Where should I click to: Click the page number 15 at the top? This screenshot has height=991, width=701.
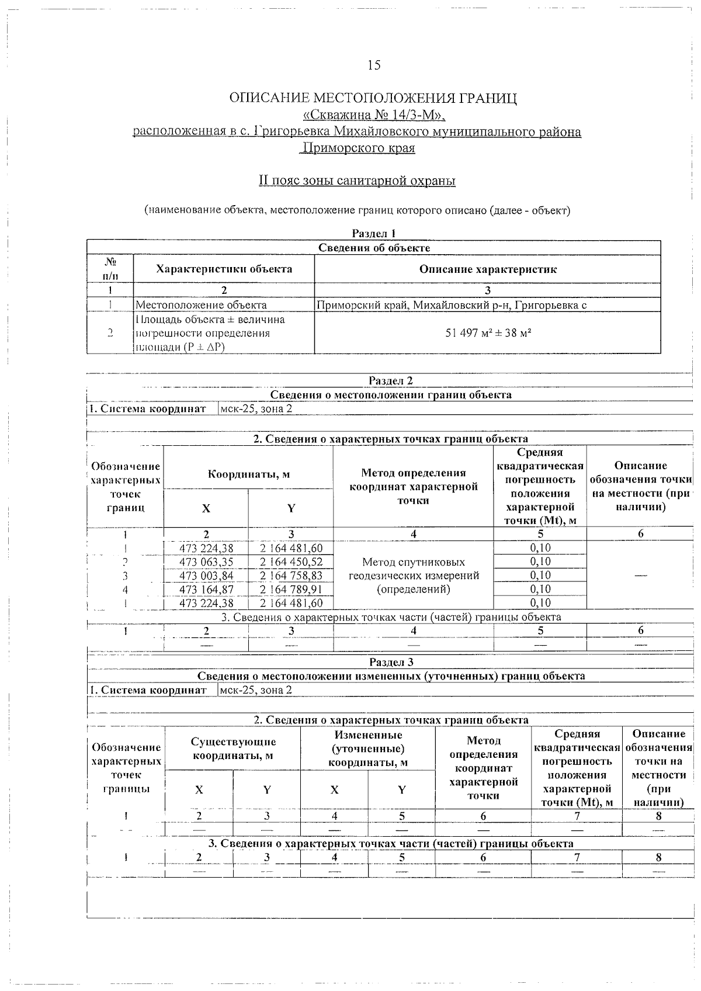374,65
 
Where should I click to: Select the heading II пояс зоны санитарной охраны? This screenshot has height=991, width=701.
357,181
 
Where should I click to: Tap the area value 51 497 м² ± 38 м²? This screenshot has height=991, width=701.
487,333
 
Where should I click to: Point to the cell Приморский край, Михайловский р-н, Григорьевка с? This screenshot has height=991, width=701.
451,304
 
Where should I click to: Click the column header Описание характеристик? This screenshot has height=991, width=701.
487,269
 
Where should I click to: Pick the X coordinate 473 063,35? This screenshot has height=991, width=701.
206,562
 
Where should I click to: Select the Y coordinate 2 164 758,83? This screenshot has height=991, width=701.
291,576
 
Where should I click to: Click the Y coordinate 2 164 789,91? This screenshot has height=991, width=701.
291,589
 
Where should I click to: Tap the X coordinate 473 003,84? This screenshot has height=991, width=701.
206,576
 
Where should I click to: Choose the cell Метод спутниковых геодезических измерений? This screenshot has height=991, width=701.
413,575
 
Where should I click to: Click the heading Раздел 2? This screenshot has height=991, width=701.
391,380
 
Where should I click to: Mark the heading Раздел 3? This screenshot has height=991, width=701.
391,662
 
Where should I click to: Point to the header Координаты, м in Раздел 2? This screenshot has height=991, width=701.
248,474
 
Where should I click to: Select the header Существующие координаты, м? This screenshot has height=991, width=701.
233,749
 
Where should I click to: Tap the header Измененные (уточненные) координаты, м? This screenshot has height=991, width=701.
367,749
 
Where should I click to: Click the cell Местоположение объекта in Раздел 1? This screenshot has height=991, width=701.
201,304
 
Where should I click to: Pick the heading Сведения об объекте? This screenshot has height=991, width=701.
374,248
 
